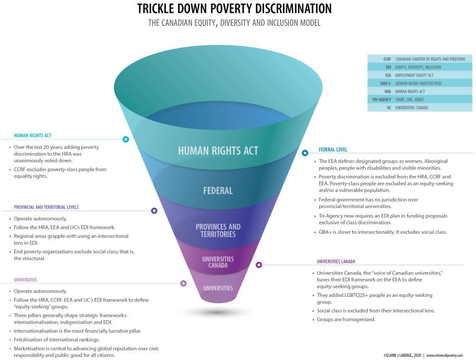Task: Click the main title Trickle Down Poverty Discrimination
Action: (234, 9)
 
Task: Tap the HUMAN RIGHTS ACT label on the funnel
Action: (218, 151)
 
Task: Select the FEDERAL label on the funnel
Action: (218, 190)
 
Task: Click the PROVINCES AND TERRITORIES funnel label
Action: (218, 230)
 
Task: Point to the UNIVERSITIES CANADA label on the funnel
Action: (218, 262)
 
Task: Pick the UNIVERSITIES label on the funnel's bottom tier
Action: (218, 288)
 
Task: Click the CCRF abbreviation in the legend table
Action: (387, 59)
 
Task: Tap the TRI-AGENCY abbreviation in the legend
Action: (381, 99)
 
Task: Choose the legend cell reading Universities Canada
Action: (411, 108)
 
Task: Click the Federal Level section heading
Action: (333, 150)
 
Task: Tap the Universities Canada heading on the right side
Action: (336, 262)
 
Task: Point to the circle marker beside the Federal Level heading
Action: (305, 152)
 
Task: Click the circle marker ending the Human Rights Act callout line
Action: (126, 139)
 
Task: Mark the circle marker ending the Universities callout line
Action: (183, 283)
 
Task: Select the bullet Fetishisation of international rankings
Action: (57, 340)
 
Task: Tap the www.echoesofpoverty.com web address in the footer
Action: (445, 355)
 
